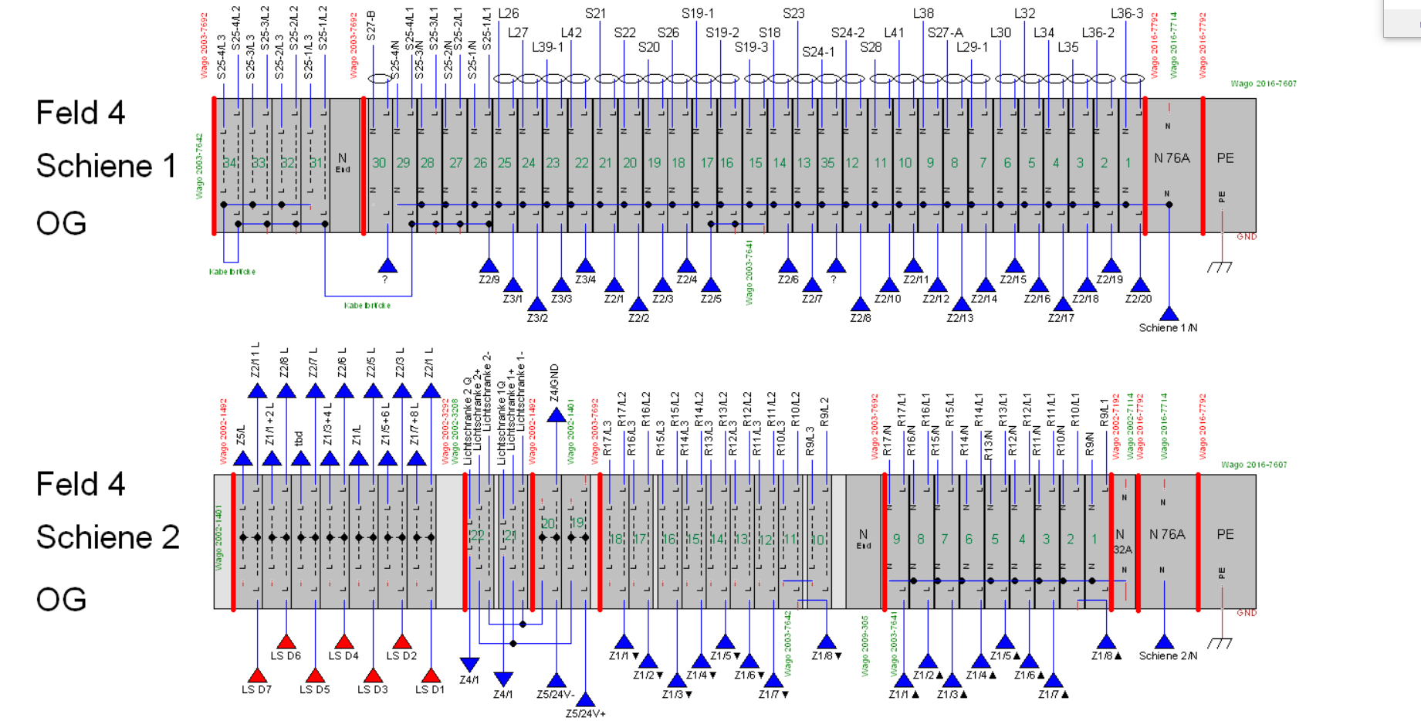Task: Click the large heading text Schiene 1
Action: (x=107, y=166)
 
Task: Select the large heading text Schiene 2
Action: (x=108, y=537)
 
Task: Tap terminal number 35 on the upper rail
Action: (x=827, y=163)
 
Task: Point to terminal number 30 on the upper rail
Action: (x=379, y=163)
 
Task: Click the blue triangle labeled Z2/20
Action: (x=1139, y=285)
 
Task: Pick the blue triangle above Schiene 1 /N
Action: (x=1169, y=313)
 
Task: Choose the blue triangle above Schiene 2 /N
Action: (x=1164, y=641)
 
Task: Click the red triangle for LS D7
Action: (x=256, y=675)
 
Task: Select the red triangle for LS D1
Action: (x=431, y=675)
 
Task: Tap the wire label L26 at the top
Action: (x=508, y=13)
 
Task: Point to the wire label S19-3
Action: (x=751, y=47)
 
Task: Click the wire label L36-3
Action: (x=1127, y=13)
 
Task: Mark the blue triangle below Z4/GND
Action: (x=556, y=415)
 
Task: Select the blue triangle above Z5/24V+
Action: (x=585, y=699)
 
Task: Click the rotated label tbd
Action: (x=299, y=438)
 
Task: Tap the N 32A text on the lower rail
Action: (x=1121, y=541)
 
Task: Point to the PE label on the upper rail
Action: (x=1225, y=158)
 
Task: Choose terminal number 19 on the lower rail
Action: (x=577, y=523)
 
